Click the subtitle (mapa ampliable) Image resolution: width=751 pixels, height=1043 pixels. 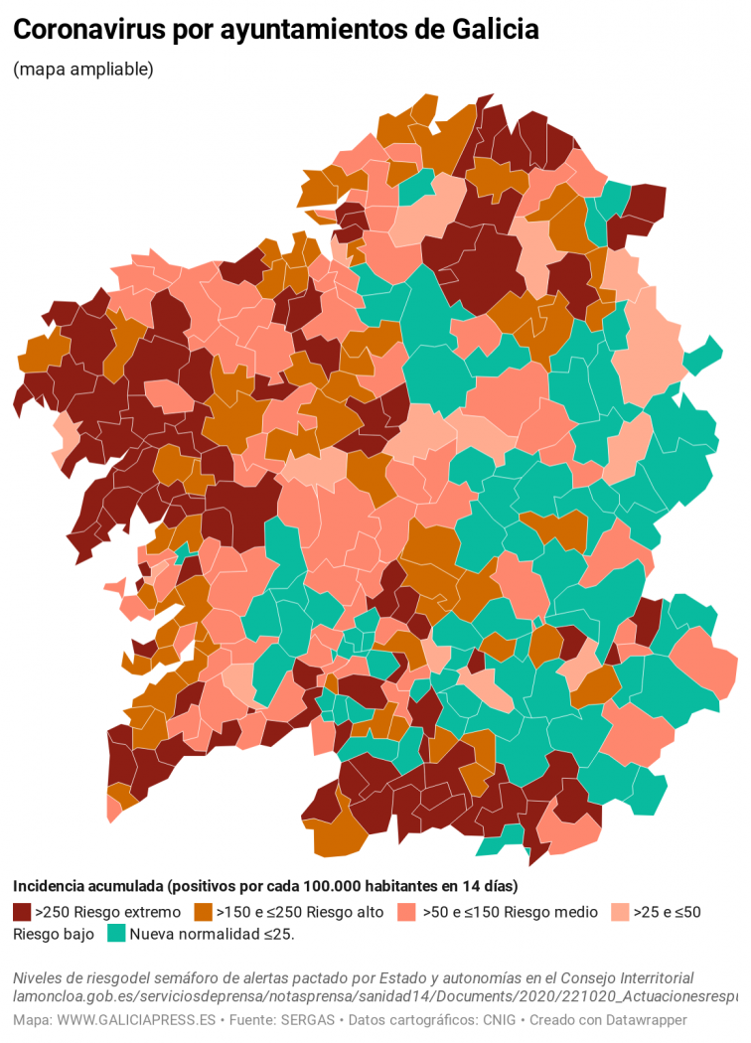[x=83, y=70]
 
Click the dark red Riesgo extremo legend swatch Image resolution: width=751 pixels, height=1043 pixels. [x=22, y=911]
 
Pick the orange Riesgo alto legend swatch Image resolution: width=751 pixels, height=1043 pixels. [x=203, y=911]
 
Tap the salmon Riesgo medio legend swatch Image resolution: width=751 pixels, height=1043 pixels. [x=405, y=911]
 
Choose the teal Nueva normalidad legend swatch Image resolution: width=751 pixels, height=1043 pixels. [x=115, y=933]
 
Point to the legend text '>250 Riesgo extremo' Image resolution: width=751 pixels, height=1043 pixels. [x=107, y=911]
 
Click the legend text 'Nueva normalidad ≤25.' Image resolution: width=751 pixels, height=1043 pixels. [x=212, y=933]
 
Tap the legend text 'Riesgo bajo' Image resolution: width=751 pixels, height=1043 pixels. [x=54, y=933]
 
